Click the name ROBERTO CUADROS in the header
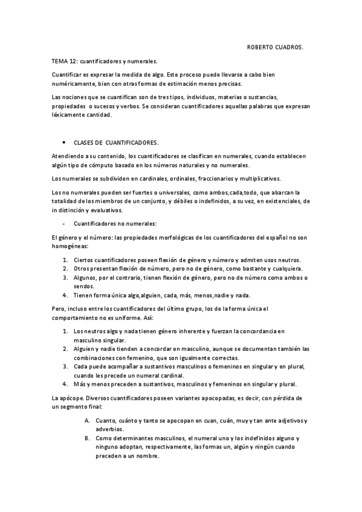[276, 46]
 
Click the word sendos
[82, 286]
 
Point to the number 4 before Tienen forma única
[65, 295]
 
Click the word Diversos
[100, 399]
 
